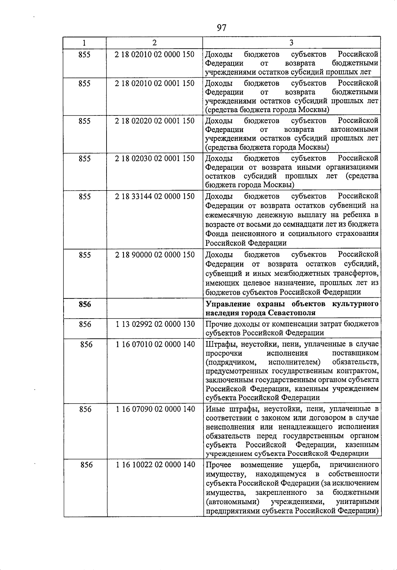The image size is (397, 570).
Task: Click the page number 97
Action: pyautogui.click(x=222, y=28)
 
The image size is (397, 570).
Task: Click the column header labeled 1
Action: pyautogui.click(x=84, y=43)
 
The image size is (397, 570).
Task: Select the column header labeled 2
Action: pyautogui.click(x=154, y=43)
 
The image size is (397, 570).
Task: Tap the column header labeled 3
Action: pyautogui.click(x=291, y=43)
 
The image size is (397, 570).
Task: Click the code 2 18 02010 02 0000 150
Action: pyautogui.click(x=154, y=55)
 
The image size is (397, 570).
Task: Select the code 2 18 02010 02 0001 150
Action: pyautogui.click(x=154, y=83)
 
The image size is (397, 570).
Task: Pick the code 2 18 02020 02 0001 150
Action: pyautogui.click(x=154, y=121)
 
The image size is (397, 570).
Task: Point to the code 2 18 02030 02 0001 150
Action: pyautogui.click(x=154, y=159)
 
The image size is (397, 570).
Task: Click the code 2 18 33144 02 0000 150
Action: pyautogui.click(x=154, y=197)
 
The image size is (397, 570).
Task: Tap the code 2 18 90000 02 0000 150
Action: pyautogui.click(x=154, y=255)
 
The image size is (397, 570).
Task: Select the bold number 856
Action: pyautogui.click(x=85, y=304)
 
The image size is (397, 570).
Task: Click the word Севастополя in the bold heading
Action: pyautogui.click(x=292, y=313)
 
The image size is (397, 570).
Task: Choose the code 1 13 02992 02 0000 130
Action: pyautogui.click(x=155, y=325)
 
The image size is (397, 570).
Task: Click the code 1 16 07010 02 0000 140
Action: pyautogui.click(x=155, y=345)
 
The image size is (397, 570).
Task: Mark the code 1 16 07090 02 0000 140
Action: pyautogui.click(x=155, y=409)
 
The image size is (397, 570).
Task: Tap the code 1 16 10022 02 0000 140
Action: pyautogui.click(x=155, y=465)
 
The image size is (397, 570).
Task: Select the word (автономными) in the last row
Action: pyautogui.click(x=232, y=502)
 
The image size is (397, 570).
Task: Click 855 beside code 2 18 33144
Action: pyautogui.click(x=84, y=197)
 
